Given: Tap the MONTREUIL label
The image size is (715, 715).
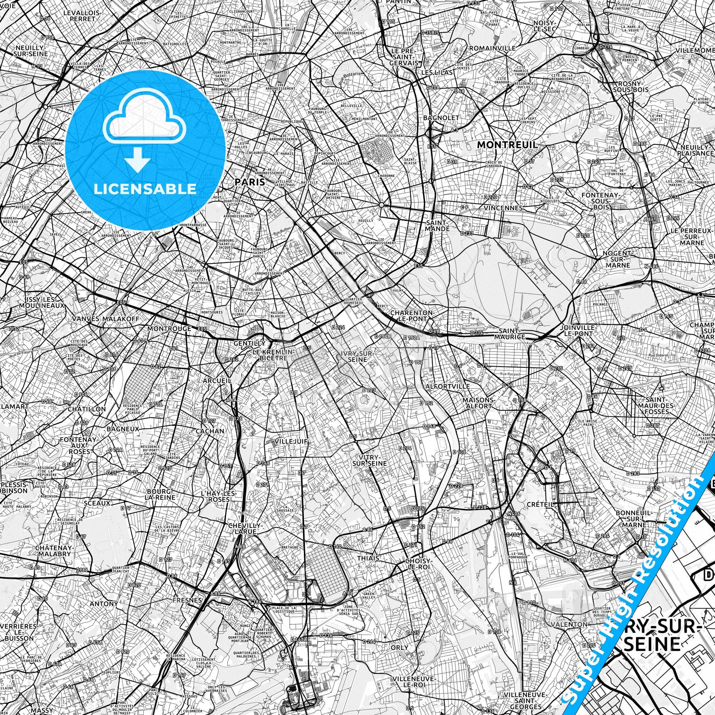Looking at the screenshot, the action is [x=507, y=145].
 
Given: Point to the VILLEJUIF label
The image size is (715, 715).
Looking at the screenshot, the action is [x=292, y=441].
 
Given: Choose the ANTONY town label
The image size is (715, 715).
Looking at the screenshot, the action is [x=104, y=604].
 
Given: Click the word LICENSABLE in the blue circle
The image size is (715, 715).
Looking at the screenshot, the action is [x=145, y=189].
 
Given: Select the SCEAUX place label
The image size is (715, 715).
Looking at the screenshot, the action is [x=97, y=503].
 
